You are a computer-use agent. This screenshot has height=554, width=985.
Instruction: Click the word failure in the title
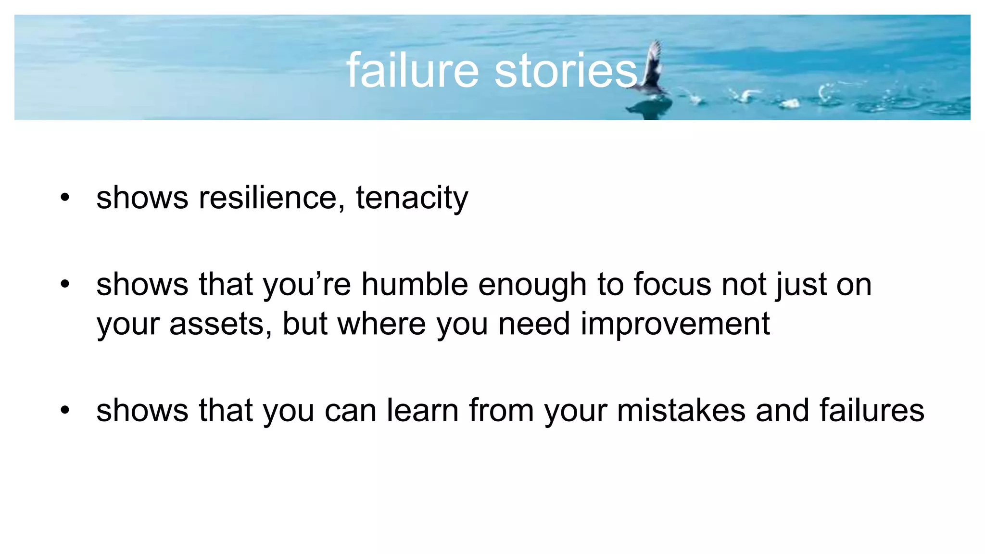(x=413, y=71)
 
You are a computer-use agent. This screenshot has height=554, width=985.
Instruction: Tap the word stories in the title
(x=566, y=71)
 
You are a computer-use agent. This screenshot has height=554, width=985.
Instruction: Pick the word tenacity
(x=412, y=199)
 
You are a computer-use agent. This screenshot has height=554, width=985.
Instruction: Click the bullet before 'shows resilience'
(x=65, y=198)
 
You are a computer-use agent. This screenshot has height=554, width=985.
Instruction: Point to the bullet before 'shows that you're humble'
(x=65, y=284)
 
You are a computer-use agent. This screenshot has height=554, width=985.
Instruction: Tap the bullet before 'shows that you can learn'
(x=65, y=410)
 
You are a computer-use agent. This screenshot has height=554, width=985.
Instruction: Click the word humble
(x=415, y=284)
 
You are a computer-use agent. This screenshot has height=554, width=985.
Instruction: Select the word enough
(x=532, y=285)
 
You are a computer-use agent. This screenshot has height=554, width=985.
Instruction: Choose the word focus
(x=672, y=284)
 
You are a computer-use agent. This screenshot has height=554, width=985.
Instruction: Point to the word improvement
(x=675, y=325)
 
